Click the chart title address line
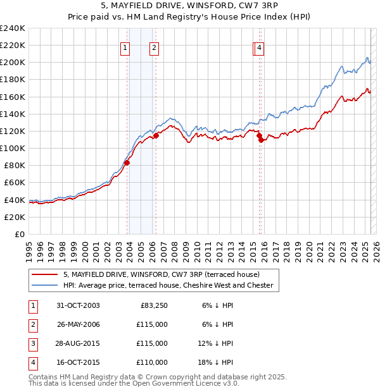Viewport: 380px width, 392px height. pos(190,6)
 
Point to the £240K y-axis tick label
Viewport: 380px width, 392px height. pos(12,28)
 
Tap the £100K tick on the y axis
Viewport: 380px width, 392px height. pos(12,148)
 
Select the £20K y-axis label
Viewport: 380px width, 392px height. pos(14,217)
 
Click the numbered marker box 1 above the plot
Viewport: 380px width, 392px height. pos(125,47)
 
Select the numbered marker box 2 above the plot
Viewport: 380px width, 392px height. pos(154,47)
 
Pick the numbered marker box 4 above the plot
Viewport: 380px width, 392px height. pos(260,47)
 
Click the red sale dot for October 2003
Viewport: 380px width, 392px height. pos(127,162)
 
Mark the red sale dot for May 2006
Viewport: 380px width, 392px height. pos(156,135)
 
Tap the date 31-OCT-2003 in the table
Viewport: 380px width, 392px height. pos(78,305)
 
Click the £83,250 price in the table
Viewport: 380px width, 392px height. pos(153,305)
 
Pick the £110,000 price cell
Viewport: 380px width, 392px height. pos(153,362)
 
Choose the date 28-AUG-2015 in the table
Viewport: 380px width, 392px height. pos(78,343)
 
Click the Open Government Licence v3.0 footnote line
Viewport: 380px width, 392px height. pos(134,384)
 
